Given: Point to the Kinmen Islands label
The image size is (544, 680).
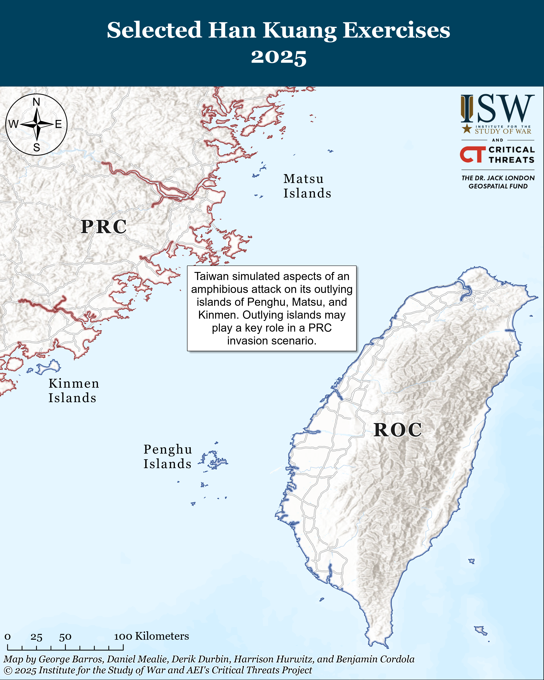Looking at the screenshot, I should [73, 390].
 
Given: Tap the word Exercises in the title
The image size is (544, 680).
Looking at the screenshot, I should [396, 30].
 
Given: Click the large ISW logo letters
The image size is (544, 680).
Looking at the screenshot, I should [498, 109].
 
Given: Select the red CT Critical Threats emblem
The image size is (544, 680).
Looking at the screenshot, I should [472, 154].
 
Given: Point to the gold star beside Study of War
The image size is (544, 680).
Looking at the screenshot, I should [467, 129].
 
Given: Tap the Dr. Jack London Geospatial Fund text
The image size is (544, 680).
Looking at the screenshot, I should [498, 182].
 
